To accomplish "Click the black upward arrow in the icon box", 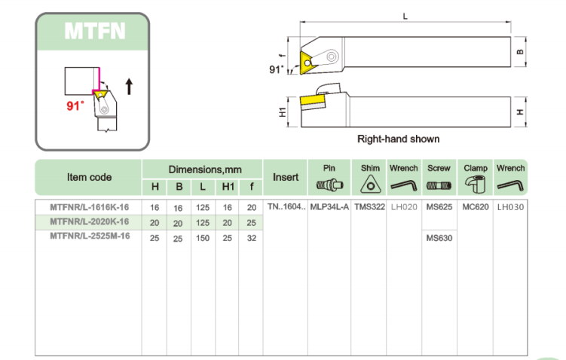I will click(129, 86).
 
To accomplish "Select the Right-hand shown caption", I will click(398, 139).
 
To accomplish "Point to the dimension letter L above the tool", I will click(405, 16).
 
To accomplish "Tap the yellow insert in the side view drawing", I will click(311, 99).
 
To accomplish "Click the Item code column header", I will click(89, 177).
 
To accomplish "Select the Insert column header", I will click(286, 177).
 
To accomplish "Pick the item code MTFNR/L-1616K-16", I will click(89, 206).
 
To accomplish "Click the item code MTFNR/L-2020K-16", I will click(89, 221).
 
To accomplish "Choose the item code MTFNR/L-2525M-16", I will click(89, 236).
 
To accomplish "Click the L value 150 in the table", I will click(203, 237).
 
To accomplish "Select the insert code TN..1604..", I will click(286, 206).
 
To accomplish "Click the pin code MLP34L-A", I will click(329, 206).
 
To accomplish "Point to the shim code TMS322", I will click(369, 206).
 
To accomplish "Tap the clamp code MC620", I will click(476, 206).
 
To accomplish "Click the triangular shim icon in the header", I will click(369, 185).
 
